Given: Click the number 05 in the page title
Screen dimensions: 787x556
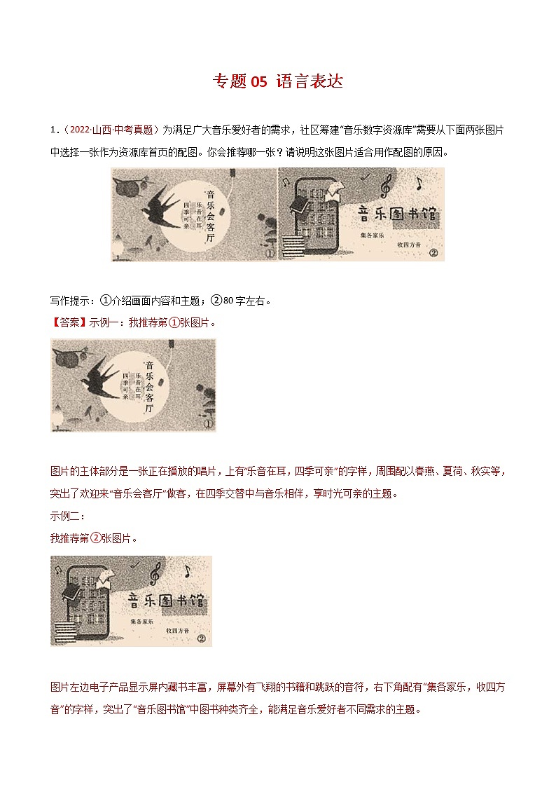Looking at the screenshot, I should (x=258, y=82).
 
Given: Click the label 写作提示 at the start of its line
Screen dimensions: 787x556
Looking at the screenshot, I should (x=72, y=301).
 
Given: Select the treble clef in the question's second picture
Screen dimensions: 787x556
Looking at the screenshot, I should (x=384, y=187).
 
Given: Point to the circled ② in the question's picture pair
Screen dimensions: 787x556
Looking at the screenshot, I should (x=432, y=254).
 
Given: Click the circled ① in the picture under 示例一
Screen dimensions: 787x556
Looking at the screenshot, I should (x=207, y=423).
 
